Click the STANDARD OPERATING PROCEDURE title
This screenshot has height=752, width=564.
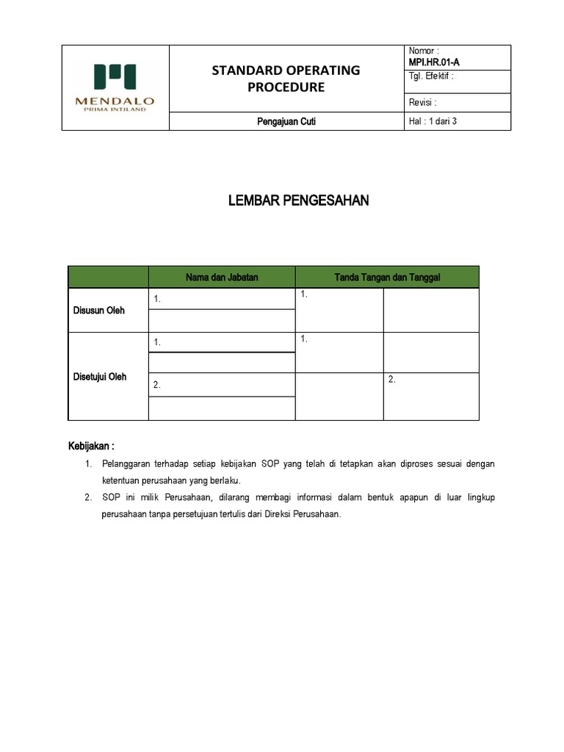point(286,79)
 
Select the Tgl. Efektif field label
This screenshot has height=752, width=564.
point(430,76)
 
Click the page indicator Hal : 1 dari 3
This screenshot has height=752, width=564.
point(432,121)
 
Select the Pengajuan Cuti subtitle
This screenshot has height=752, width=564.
point(286,122)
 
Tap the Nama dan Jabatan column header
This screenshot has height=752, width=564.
point(221,277)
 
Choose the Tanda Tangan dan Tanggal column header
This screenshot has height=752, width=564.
point(387,277)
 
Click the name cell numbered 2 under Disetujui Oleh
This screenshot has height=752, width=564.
point(221,385)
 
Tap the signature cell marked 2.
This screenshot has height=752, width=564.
point(430,396)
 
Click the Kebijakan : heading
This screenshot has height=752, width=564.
point(92,446)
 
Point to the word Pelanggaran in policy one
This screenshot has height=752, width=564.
point(126,464)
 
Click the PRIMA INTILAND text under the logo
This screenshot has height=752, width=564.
point(115,109)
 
